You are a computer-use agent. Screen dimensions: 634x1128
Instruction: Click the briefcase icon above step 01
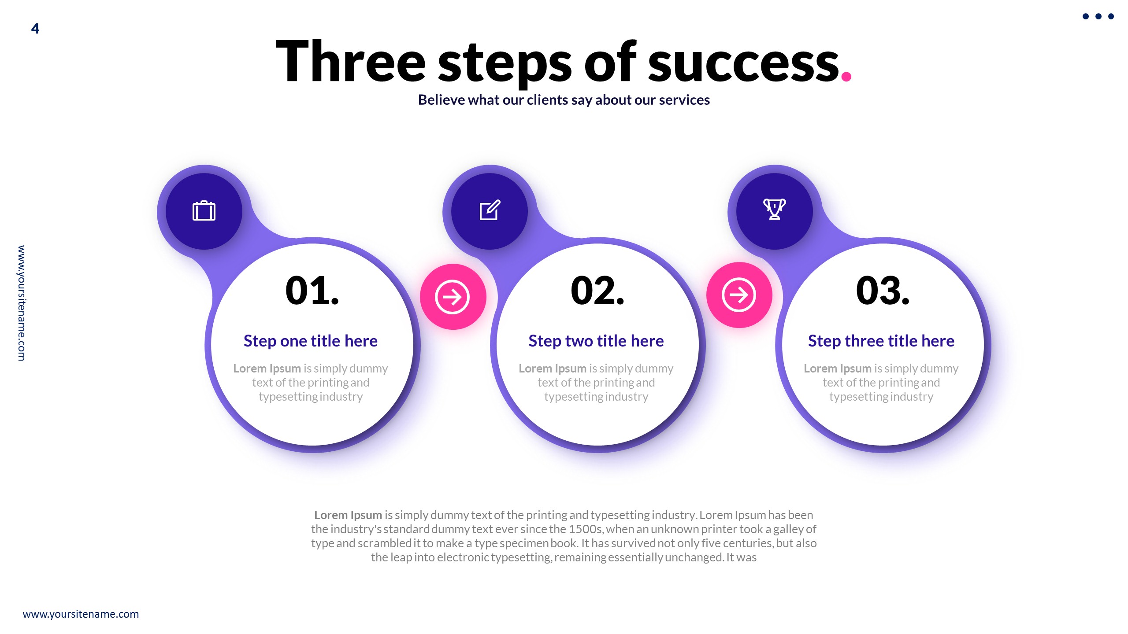(204, 211)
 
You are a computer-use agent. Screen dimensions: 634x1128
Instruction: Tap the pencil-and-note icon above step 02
(490, 210)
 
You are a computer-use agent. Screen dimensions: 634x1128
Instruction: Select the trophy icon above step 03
(774, 209)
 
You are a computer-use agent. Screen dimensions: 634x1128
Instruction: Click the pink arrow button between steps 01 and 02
(453, 297)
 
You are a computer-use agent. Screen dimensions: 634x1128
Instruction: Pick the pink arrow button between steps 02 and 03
(739, 295)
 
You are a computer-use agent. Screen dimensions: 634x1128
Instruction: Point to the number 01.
(312, 291)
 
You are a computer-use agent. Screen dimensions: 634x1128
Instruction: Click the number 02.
(597, 291)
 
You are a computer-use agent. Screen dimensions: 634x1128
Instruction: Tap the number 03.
(883, 291)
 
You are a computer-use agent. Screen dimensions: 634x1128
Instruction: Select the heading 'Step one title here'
(310, 341)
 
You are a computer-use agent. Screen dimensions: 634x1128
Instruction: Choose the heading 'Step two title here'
(596, 341)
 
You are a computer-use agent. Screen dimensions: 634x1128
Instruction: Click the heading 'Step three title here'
(881, 341)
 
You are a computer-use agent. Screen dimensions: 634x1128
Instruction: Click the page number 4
(35, 29)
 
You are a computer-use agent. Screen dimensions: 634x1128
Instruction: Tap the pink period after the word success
(846, 77)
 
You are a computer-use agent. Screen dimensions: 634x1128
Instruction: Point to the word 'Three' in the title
(350, 62)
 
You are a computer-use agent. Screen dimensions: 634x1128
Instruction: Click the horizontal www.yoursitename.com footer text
(81, 614)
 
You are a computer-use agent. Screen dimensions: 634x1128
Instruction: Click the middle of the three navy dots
(1098, 17)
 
